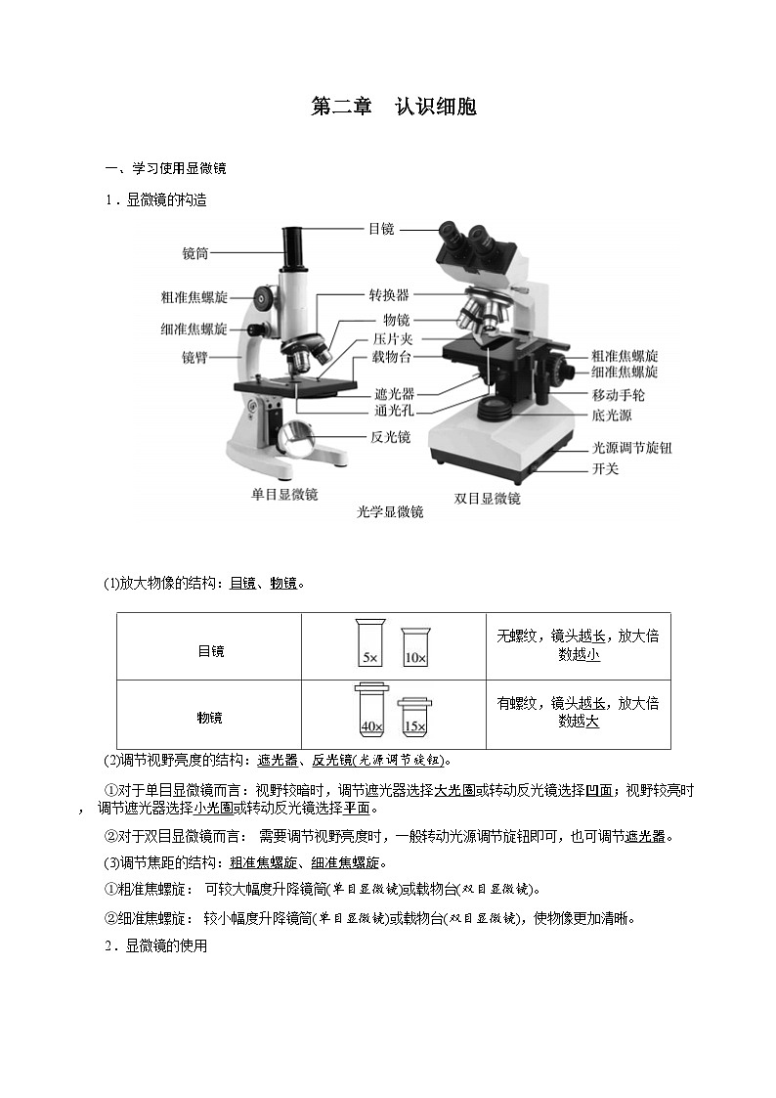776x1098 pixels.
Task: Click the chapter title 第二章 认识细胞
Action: pos(393,108)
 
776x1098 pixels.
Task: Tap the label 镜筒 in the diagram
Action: pos(195,253)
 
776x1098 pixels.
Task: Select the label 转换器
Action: pos(388,295)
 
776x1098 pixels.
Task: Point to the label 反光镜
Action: pos(390,437)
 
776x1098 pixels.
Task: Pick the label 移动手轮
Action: pos(618,396)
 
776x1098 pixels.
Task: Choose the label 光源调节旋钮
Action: pos(631,448)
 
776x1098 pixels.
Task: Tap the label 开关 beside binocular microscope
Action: pos(605,469)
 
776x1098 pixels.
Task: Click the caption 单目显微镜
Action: pos(284,495)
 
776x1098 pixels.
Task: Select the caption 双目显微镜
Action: pos(487,499)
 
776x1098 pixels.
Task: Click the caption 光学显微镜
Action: pos(390,512)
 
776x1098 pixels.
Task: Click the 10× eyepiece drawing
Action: pos(414,647)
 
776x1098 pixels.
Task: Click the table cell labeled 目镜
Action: pos(210,651)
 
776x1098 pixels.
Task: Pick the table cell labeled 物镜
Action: pos(210,718)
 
